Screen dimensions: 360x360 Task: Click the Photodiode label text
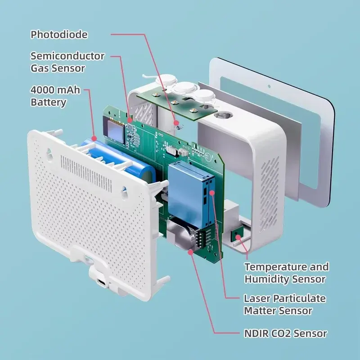point(59,35)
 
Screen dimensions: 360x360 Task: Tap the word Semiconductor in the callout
point(67,56)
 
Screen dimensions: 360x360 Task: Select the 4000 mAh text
point(55,90)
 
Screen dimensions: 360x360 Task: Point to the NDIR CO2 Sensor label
point(285,333)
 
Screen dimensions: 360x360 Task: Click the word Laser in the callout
point(256,298)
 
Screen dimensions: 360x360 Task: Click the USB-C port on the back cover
point(102,283)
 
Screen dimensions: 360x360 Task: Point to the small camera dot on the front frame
point(269,86)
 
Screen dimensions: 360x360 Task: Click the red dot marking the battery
point(94,139)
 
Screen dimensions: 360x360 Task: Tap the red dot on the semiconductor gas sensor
point(130,120)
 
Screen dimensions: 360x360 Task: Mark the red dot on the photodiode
point(176,123)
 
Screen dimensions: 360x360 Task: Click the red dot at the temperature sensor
point(238,237)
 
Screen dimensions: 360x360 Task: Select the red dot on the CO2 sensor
point(190,252)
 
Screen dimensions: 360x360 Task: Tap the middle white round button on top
point(185,88)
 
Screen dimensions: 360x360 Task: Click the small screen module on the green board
point(114,129)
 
